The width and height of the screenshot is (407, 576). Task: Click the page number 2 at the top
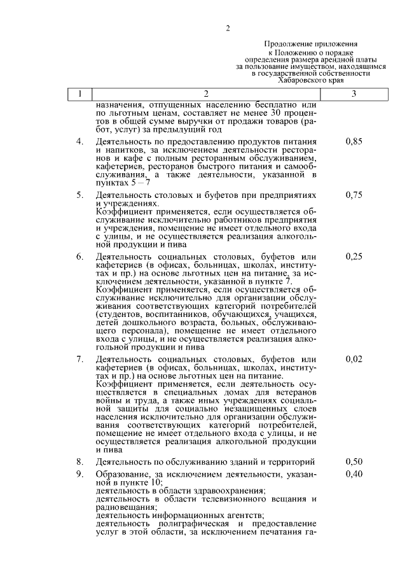click(227, 27)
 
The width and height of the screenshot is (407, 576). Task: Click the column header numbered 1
click(79, 94)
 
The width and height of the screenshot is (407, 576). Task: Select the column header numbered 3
click(354, 94)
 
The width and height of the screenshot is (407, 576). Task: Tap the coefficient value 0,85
click(354, 142)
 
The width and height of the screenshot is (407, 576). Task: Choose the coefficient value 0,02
click(354, 360)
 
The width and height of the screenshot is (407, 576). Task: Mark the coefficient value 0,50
click(354, 461)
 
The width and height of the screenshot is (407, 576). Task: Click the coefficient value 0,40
click(354, 474)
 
